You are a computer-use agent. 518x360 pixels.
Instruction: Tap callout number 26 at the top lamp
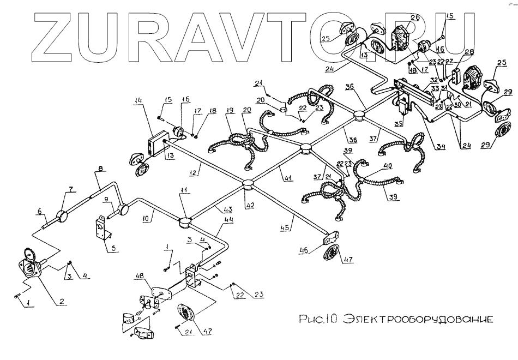[414, 17]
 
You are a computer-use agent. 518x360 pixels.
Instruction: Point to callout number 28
[468, 52]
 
